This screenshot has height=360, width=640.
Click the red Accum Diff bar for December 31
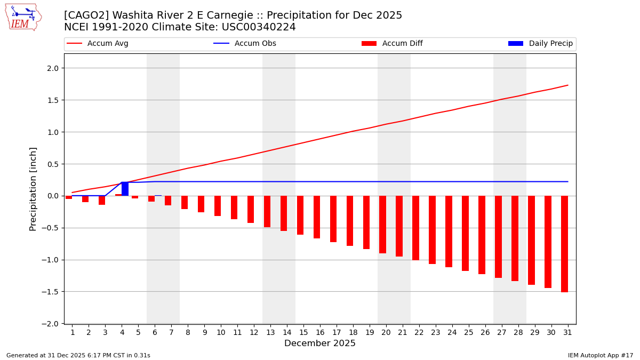(x=564, y=244)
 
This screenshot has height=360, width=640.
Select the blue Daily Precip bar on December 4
(x=125, y=189)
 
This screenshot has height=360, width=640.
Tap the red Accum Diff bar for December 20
(x=382, y=225)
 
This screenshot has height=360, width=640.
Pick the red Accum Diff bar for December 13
(x=267, y=211)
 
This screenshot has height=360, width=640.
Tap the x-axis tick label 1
(x=73, y=332)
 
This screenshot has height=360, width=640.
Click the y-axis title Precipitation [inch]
(x=33, y=188)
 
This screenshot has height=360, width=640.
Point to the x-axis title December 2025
(x=320, y=343)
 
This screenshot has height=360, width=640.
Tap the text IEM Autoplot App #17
(x=601, y=355)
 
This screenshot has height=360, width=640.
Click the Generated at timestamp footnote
(x=78, y=355)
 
